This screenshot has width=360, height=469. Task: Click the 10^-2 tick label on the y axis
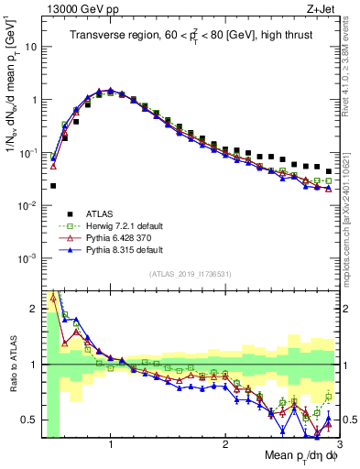[x=29, y=206]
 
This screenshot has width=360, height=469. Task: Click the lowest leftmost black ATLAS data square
[x=53, y=185]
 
